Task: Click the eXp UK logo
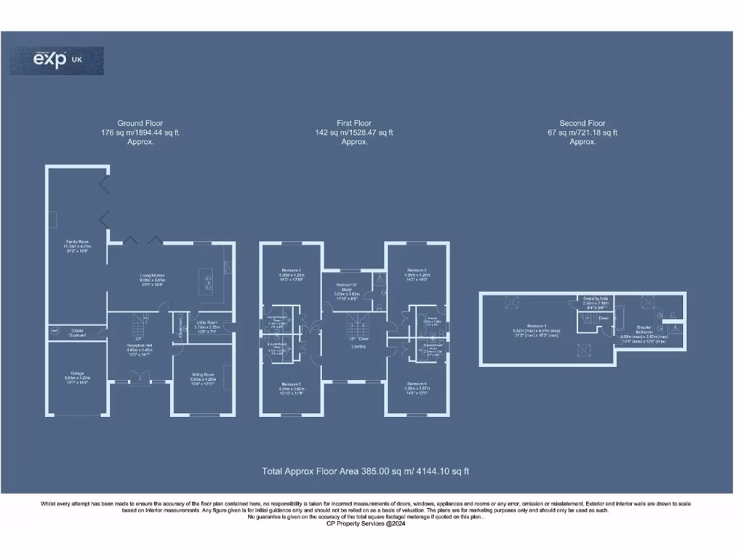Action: click(56, 61)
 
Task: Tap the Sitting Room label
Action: click(203, 378)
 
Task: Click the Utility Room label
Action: click(207, 325)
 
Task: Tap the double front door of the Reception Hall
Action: click(138, 376)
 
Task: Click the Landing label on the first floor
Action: click(358, 347)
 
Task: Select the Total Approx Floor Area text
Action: click(365, 471)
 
